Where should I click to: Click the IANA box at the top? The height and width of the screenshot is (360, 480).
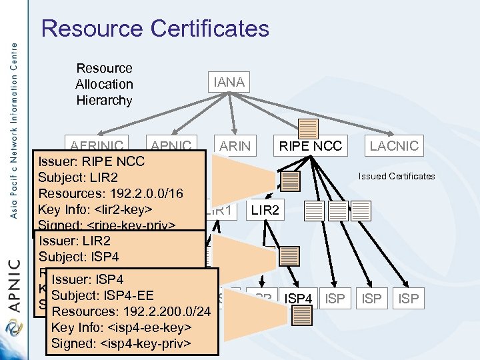pyautogui.click(x=229, y=83)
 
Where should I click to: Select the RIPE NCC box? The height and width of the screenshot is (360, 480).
pyautogui.click(x=310, y=145)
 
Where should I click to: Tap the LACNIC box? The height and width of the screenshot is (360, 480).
pyautogui.click(x=394, y=145)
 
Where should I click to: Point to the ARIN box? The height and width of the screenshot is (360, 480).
pyautogui.click(x=235, y=145)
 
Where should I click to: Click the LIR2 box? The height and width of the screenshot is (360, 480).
pyautogui.click(x=265, y=211)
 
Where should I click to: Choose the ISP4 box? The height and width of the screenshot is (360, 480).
pyautogui.click(x=298, y=299)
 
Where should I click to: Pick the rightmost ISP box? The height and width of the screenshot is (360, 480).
pyautogui.click(x=408, y=299)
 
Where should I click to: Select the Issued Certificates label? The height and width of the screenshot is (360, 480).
pyautogui.click(x=396, y=176)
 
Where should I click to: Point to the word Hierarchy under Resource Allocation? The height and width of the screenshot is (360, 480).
pyautogui.click(x=104, y=100)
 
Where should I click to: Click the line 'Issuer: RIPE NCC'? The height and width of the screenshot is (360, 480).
pyautogui.click(x=91, y=161)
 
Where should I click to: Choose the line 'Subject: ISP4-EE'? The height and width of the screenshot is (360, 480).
pyautogui.click(x=102, y=295)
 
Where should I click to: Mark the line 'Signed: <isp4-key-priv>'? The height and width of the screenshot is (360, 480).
pyautogui.click(x=121, y=343)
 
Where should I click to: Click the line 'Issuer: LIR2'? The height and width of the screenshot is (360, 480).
pyautogui.click(x=75, y=241)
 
